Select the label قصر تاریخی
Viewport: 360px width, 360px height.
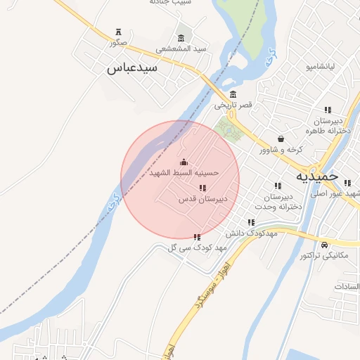[x=233, y=105]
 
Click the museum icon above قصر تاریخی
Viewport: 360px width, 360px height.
[x=233, y=95]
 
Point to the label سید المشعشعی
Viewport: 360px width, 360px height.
[x=181, y=49]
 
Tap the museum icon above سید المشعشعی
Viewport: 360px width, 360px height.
[x=181, y=38]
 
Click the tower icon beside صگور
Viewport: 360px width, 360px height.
[x=118, y=32]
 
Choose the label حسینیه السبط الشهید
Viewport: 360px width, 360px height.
[x=184, y=172]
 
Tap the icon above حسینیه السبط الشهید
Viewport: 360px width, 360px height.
[x=184, y=162]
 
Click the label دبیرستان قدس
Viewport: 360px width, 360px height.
[x=203, y=199]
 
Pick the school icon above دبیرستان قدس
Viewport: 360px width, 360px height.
[x=203, y=188]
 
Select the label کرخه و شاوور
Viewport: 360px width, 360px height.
[x=281, y=149]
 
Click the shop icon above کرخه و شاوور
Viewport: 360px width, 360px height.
[x=281, y=139]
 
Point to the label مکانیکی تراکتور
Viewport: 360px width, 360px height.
[x=323, y=255]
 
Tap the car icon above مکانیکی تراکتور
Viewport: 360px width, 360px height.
[x=324, y=245]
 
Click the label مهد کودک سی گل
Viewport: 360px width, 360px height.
[x=196, y=247]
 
